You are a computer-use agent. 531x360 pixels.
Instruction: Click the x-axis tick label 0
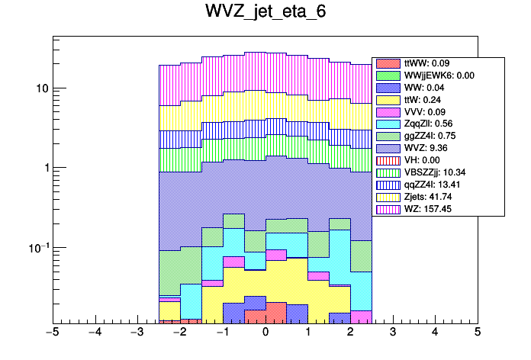265,333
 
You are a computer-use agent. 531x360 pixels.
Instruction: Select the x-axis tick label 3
392,333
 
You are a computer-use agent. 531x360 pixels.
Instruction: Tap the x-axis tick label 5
477,333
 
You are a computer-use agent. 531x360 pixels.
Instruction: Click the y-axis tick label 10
40,88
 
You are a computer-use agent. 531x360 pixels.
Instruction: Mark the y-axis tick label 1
43,168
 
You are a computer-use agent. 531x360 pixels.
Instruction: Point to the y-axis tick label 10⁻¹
37,247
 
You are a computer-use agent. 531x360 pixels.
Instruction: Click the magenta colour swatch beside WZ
388,209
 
